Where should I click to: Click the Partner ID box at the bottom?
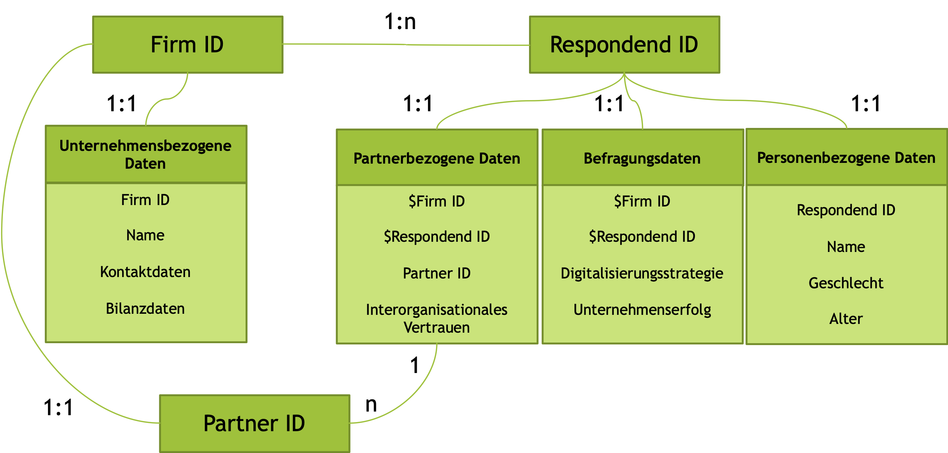pos(254,423)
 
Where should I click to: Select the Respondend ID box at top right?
pos(624,44)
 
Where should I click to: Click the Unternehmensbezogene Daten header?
pos(146,155)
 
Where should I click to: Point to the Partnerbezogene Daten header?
pos(437,158)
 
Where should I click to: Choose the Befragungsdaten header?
pos(642,158)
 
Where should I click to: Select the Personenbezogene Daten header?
pos(846,157)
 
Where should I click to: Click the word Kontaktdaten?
pos(145,272)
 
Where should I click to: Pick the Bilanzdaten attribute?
pos(145,308)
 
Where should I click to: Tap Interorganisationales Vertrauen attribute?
pos(437,318)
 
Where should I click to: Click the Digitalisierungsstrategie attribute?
pos(642,273)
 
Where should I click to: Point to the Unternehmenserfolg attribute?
pos(642,309)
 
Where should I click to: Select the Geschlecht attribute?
pos(846,283)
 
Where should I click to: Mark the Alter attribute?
pos(846,319)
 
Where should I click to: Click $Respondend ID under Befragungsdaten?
pos(642,236)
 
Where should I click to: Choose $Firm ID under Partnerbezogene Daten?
pos(437,201)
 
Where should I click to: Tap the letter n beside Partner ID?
pos(371,404)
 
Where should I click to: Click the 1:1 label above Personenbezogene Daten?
pos(866,103)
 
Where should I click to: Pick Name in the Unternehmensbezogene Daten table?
pos(145,235)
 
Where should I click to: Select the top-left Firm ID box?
pos(187,44)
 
